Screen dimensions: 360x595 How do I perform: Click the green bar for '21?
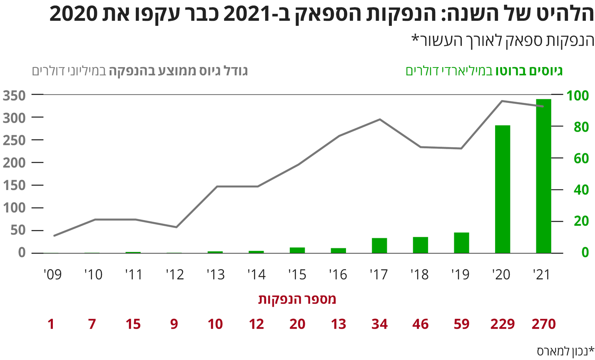[543, 176]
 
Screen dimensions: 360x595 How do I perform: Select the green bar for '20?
[503, 189]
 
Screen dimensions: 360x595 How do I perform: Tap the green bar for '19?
[461, 242]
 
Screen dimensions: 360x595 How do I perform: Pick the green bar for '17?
[379, 245]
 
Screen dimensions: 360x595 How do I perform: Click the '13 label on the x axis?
[215, 275]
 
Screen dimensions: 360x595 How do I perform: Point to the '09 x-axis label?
[52, 275]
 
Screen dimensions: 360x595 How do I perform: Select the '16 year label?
[338, 275]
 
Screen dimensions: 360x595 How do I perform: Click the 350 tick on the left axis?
[14, 95]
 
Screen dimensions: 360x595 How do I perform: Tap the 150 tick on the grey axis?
[14, 185]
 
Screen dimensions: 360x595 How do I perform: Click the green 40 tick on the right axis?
[581, 190]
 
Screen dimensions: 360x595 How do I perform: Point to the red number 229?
[503, 324]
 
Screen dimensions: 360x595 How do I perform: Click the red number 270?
[544, 324]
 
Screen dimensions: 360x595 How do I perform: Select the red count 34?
[379, 324]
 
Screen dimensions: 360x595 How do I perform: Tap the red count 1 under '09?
[51, 324]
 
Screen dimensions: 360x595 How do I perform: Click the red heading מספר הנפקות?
[297, 299]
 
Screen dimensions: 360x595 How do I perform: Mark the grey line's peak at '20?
[503, 101]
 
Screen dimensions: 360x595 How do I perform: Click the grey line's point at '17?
[379, 120]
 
